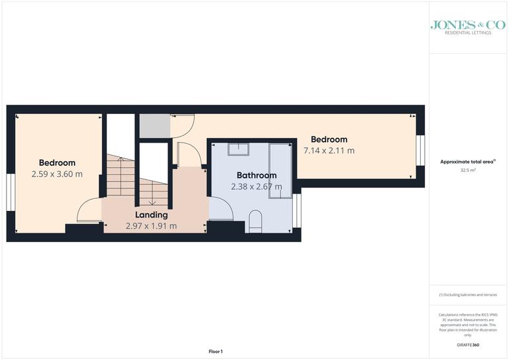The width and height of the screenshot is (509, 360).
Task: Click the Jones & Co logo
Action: click(x=468, y=25)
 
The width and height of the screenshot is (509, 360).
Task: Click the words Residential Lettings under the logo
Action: click(x=468, y=32)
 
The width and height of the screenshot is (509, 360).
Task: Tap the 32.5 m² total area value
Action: click(x=469, y=170)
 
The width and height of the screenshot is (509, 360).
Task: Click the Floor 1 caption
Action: click(x=216, y=351)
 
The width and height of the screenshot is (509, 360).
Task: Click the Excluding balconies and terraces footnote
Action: click(x=468, y=295)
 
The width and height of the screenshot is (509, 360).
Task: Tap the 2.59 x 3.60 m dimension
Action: click(x=57, y=174)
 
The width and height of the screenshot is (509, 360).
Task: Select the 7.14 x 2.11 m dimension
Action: click(x=329, y=150)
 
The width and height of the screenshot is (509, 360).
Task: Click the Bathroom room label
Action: click(x=256, y=176)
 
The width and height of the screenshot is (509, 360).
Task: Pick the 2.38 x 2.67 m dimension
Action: click(x=256, y=186)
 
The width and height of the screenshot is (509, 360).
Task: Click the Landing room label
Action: click(x=151, y=215)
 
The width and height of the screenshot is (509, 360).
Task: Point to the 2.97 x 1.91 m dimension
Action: click(x=151, y=225)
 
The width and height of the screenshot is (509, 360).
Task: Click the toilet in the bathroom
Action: click(x=256, y=221)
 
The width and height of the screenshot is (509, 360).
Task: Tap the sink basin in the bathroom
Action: click(x=237, y=149)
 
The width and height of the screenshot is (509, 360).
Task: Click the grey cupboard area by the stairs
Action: click(x=154, y=125)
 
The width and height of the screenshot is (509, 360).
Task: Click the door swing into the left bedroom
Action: click(x=88, y=211)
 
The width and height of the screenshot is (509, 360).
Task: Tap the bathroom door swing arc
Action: click(x=222, y=209)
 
